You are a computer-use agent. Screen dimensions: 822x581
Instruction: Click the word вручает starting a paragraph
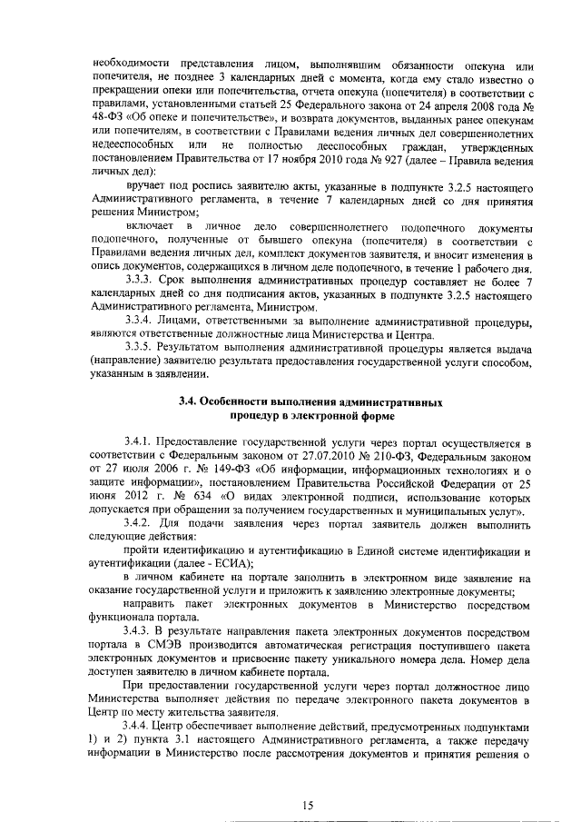(146, 185)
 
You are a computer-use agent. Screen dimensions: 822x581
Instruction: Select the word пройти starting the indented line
(143, 551)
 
